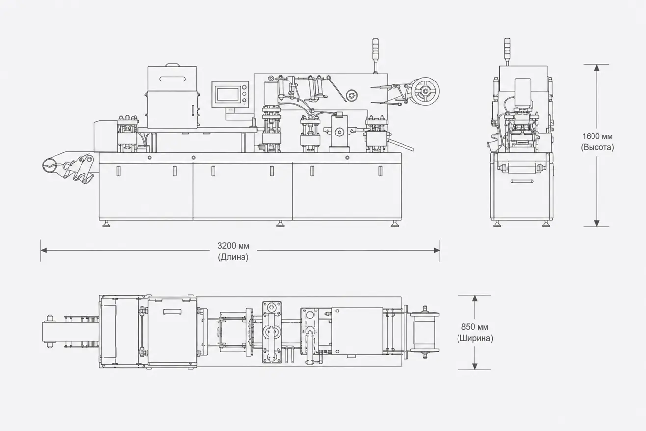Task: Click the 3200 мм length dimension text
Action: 233,246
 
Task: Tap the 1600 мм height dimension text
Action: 597,136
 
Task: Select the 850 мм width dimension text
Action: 475,327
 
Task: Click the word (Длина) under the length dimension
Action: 233,257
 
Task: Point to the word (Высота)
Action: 597,147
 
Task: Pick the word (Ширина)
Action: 475,338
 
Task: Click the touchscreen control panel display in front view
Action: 228,94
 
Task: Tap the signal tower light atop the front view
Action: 376,55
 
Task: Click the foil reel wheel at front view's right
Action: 425,91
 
